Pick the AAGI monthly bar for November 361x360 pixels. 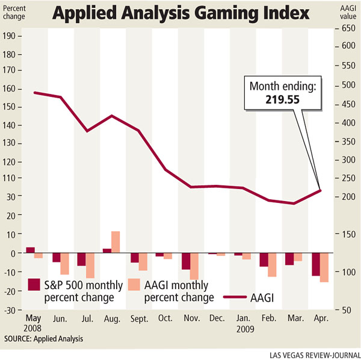coord(194,265)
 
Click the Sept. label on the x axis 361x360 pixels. coord(138,318)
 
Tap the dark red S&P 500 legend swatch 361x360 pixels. coord(35,285)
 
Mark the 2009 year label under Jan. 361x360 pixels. coord(245,329)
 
